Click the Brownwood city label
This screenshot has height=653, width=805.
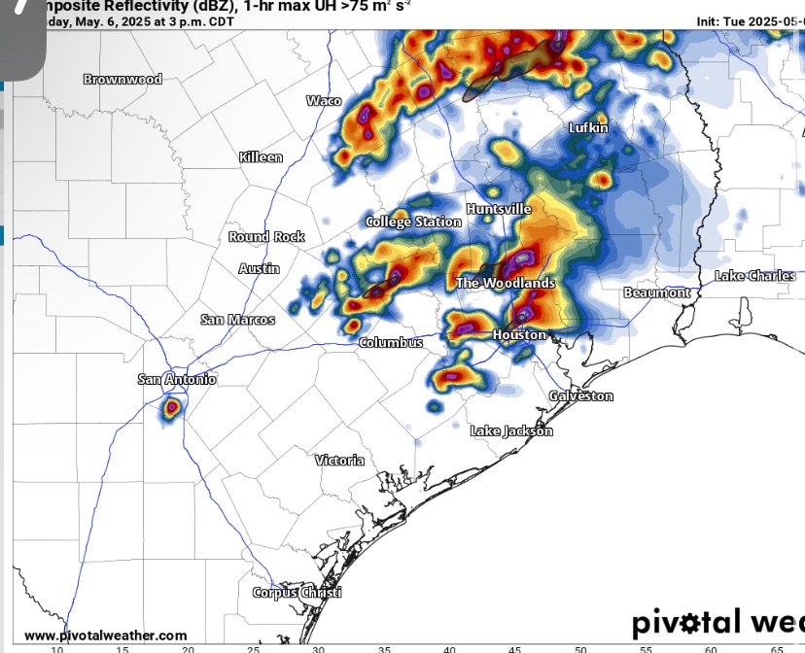122,79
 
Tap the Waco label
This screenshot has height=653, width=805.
324,100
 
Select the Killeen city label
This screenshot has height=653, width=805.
261,156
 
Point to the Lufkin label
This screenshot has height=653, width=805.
588,127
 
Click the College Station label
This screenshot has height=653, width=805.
413,222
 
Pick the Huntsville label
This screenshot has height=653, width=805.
499,209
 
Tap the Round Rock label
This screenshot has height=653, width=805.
266,236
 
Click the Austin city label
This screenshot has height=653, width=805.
260,268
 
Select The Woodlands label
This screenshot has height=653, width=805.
506,283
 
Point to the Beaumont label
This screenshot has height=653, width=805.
656,292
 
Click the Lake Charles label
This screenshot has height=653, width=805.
754,276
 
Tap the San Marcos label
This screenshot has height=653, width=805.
237,319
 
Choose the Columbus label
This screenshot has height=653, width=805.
391,342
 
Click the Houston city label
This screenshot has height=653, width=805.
519,334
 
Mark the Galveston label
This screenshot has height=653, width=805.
580,395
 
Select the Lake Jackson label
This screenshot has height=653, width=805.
511,430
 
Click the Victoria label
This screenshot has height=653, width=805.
339,460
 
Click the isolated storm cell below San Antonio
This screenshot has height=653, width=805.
171,408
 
